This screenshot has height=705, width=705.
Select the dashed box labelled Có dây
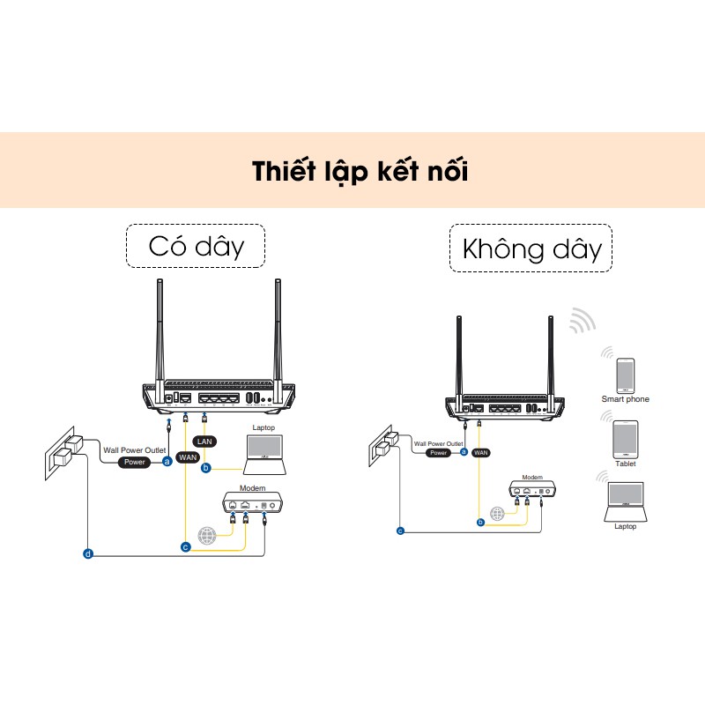(196, 245)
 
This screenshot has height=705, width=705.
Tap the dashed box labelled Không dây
(531, 249)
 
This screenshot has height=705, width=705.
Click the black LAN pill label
(203, 440)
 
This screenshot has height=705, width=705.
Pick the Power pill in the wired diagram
(135, 462)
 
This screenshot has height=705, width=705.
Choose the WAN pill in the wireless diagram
(480, 452)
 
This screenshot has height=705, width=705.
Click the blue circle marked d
(87, 553)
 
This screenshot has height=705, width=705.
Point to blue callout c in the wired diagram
(185, 547)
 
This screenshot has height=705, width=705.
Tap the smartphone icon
(625, 375)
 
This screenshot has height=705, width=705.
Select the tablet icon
(625, 438)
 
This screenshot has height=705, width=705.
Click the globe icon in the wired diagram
(206, 535)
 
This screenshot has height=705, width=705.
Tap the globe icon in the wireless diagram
(498, 513)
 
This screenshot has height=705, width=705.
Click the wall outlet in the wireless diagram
(382, 443)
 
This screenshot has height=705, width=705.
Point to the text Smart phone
(625, 399)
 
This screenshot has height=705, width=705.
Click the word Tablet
(625, 464)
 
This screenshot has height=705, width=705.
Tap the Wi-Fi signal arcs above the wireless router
(581, 322)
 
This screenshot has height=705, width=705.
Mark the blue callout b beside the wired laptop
(205, 468)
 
